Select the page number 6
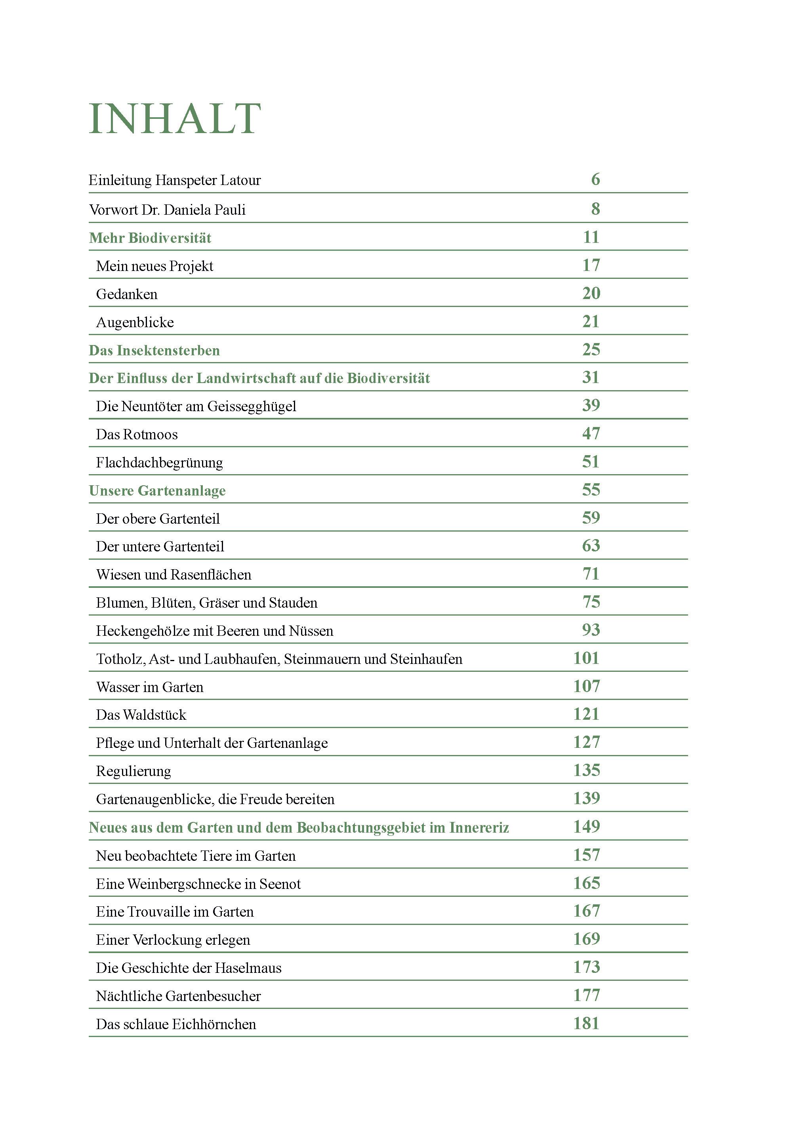(595, 180)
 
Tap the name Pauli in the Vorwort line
(229, 210)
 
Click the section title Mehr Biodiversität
(150, 238)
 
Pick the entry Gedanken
(127, 294)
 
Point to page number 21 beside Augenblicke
(591, 322)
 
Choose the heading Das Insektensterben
(154, 351)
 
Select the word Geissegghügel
(252, 407)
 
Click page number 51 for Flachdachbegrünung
(591, 462)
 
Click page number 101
(587, 658)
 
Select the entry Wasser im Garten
(149, 687)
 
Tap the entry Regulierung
(133, 771)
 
